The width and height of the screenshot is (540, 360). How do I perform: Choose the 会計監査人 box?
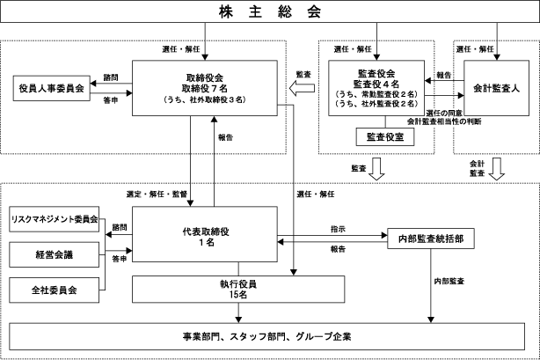click(497, 88)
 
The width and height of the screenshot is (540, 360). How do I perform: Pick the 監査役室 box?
click(379, 136)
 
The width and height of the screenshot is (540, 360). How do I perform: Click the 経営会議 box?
click(53, 253)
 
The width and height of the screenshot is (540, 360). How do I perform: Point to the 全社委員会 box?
click(53, 288)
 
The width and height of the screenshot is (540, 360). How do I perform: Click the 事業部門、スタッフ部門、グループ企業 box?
click(269, 337)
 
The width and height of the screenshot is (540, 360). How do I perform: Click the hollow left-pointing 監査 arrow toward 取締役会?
click(304, 88)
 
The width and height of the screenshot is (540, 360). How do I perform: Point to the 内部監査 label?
click(449, 281)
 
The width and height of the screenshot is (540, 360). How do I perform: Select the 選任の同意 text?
click(443, 113)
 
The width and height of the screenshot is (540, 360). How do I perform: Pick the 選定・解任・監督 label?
click(155, 192)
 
